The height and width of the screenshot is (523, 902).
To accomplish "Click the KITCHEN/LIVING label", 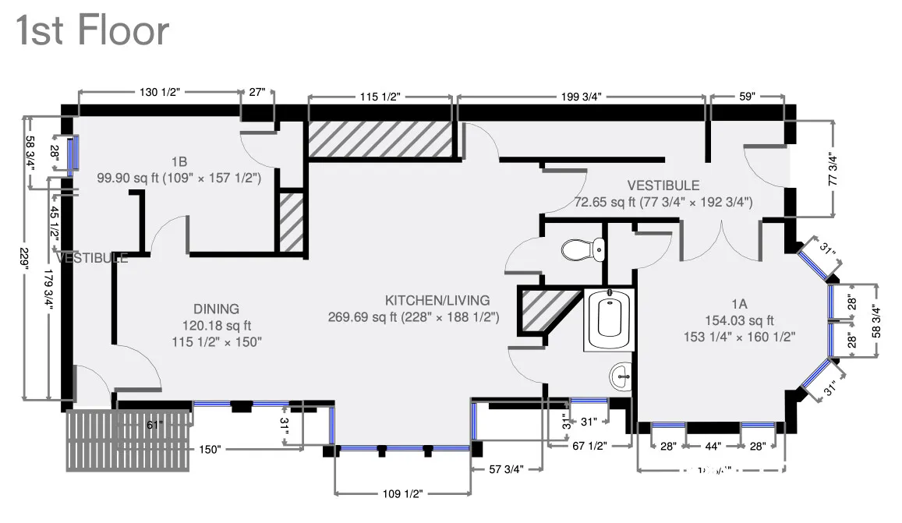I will (x=437, y=300).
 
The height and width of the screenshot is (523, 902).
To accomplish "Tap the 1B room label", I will (x=179, y=162).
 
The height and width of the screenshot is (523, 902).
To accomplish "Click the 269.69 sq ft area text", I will (x=366, y=317).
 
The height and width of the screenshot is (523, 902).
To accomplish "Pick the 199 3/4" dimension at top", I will (x=581, y=97).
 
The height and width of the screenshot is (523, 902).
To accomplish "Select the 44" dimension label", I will (x=713, y=446).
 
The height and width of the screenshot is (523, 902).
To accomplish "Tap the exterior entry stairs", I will (x=129, y=440).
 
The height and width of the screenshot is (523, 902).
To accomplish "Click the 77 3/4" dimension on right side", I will (x=833, y=168).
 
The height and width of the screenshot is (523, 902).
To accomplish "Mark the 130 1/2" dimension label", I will (x=159, y=92).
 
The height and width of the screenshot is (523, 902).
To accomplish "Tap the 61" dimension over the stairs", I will (x=155, y=425).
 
